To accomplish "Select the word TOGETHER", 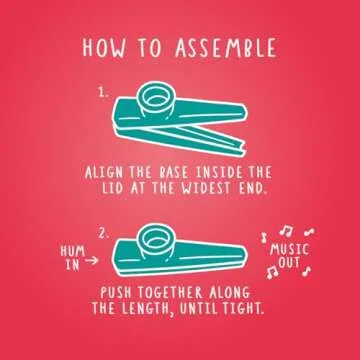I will pos(184,294).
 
